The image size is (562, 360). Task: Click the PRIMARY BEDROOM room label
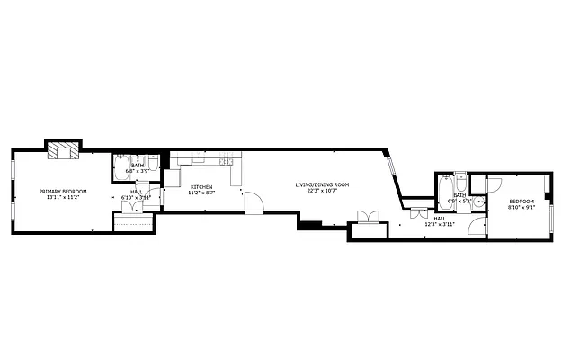(62, 191)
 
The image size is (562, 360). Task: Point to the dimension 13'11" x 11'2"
(62, 197)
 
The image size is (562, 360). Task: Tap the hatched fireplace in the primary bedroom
(64, 150)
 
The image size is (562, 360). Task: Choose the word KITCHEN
(200, 186)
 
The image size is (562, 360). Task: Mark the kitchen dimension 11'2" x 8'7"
(200, 193)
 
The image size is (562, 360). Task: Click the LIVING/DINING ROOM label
(322, 184)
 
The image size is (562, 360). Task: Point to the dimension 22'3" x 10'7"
(322, 191)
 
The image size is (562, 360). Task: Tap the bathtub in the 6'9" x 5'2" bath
(444, 191)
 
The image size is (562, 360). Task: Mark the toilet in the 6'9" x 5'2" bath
(460, 176)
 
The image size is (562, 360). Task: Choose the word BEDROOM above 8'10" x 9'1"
(521, 201)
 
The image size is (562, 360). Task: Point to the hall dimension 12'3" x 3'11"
(441, 224)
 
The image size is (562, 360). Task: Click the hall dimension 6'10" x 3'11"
(137, 197)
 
